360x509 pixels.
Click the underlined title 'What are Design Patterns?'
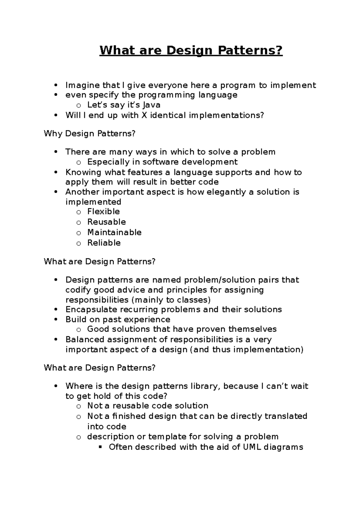pyautogui.click(x=191, y=50)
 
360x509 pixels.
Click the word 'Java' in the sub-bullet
pyautogui.click(x=151, y=105)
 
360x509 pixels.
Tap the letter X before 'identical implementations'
pyautogui.click(x=144, y=115)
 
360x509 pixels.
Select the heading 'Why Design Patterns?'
pyautogui.click(x=90, y=133)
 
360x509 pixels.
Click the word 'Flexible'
pyautogui.click(x=103, y=212)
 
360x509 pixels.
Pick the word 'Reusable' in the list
pyautogui.click(x=106, y=222)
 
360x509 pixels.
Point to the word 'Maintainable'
pyautogui.click(x=114, y=232)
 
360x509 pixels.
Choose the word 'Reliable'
pyautogui.click(x=104, y=243)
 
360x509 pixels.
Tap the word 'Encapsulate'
pyautogui.click(x=91, y=309)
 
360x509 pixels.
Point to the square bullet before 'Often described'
pyautogui.click(x=100, y=447)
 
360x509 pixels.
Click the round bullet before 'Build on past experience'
pyautogui.click(x=55, y=320)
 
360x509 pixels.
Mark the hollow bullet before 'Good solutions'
pyautogui.click(x=79, y=330)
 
